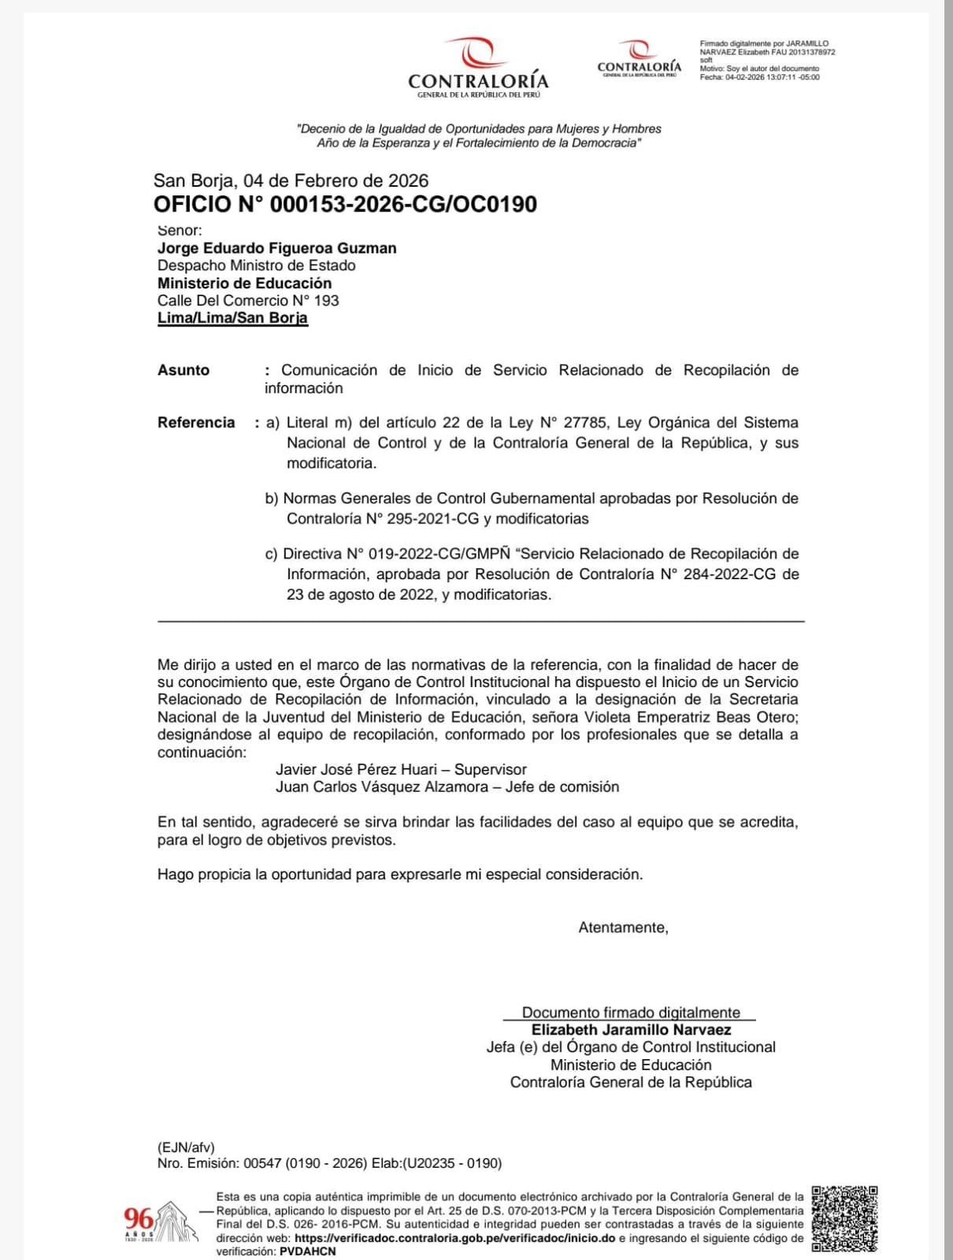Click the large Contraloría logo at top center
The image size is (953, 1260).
click(x=478, y=67)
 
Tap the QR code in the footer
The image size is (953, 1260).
click(x=844, y=1218)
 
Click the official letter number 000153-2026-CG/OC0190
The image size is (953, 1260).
click(x=403, y=205)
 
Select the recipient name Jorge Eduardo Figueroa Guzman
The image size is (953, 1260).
click(x=276, y=248)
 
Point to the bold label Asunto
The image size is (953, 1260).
click(x=184, y=370)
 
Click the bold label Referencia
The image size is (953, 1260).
click(x=196, y=422)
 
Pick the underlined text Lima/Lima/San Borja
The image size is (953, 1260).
click(x=232, y=318)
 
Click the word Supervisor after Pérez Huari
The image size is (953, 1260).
click(x=490, y=770)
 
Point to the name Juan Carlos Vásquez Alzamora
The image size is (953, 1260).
click(x=382, y=787)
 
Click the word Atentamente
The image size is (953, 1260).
click(x=623, y=927)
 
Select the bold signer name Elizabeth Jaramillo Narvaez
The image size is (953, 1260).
click(x=631, y=1030)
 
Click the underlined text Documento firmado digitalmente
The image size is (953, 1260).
click(x=631, y=1013)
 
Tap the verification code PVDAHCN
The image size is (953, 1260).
click(x=307, y=1251)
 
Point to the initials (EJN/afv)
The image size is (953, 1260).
click(x=186, y=1147)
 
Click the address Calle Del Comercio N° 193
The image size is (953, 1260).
click(x=248, y=300)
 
